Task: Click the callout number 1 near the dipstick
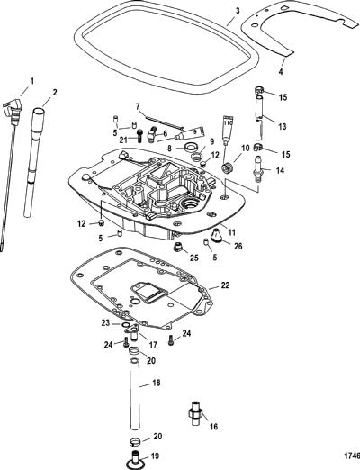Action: click(x=31, y=81)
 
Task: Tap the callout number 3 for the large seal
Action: click(x=238, y=11)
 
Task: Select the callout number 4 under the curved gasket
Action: click(x=281, y=72)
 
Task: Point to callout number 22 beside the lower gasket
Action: click(x=225, y=285)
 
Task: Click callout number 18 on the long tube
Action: click(x=157, y=383)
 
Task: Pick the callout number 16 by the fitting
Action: click(x=213, y=427)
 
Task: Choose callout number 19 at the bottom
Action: click(x=155, y=456)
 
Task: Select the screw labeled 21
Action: click(x=139, y=136)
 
